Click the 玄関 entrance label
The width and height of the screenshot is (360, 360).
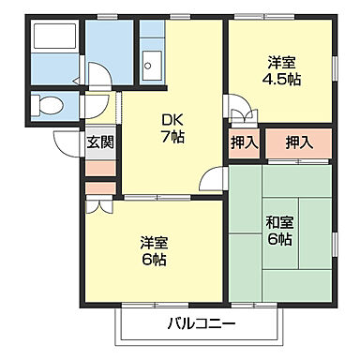pyautogui.click(x=100, y=142)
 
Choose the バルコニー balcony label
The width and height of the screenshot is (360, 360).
pyautogui.click(x=202, y=324)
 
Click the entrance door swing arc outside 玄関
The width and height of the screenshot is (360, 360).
pyautogui.click(x=67, y=141)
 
